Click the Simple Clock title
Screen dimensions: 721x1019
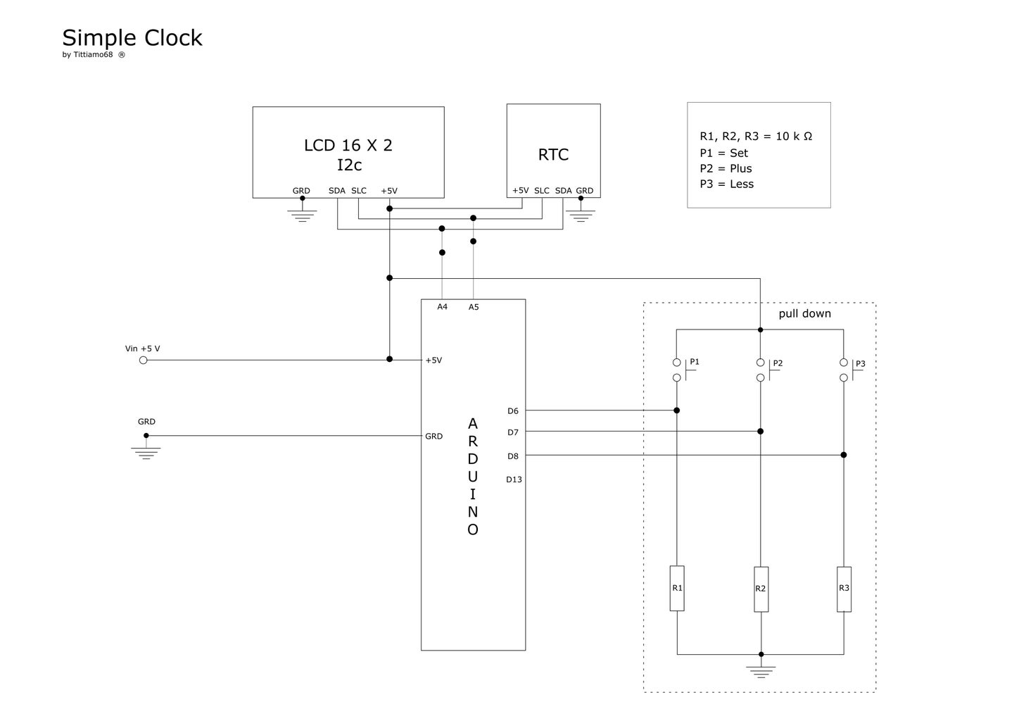[132, 38]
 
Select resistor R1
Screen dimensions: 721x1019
[677, 588]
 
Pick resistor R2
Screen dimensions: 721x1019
[761, 589]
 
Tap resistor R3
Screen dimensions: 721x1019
[844, 589]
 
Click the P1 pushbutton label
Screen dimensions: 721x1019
[695, 362]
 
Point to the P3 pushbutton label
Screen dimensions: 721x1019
[861, 364]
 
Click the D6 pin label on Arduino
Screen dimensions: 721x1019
[512, 411]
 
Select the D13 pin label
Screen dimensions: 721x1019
[514, 480]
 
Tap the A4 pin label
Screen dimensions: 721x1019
[442, 307]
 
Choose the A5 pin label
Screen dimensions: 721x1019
[474, 307]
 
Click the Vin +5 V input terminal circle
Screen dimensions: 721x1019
[144, 360]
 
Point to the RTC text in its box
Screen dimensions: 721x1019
[553, 155]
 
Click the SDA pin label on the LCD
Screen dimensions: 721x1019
[337, 191]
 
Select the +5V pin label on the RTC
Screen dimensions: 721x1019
[521, 191]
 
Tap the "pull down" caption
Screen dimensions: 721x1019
[804, 314]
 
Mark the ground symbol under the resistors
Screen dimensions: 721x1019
[761, 671]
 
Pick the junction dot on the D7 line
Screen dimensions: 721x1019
[761, 432]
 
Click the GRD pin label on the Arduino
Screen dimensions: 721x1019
[433, 437]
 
